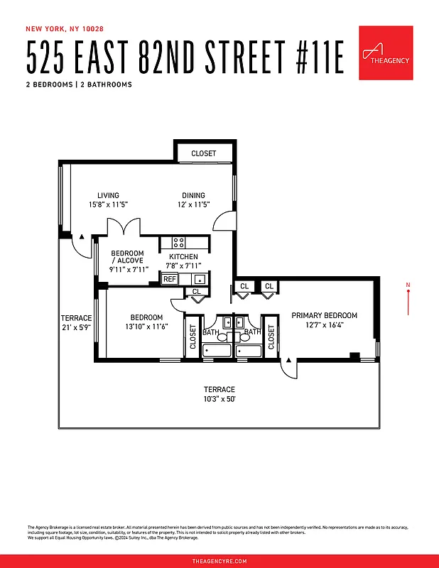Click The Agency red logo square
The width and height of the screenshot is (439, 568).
pos(386,53)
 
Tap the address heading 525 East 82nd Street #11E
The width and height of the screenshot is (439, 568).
pos(185,59)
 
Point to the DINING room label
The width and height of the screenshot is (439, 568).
pos(193,196)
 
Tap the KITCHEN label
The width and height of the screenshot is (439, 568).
pos(183,257)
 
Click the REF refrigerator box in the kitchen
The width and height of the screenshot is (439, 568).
pos(170,279)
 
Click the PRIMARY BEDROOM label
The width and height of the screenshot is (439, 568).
pos(324,315)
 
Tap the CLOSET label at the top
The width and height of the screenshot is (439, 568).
pos(203,153)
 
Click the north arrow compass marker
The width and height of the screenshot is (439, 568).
pos(408,298)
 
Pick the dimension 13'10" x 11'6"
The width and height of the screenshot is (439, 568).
pos(146,327)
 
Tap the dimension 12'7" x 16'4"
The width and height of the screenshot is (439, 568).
pos(324,325)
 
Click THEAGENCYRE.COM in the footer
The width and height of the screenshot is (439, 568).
pos(220,561)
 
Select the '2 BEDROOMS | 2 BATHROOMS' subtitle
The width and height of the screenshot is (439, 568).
pos(79,84)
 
